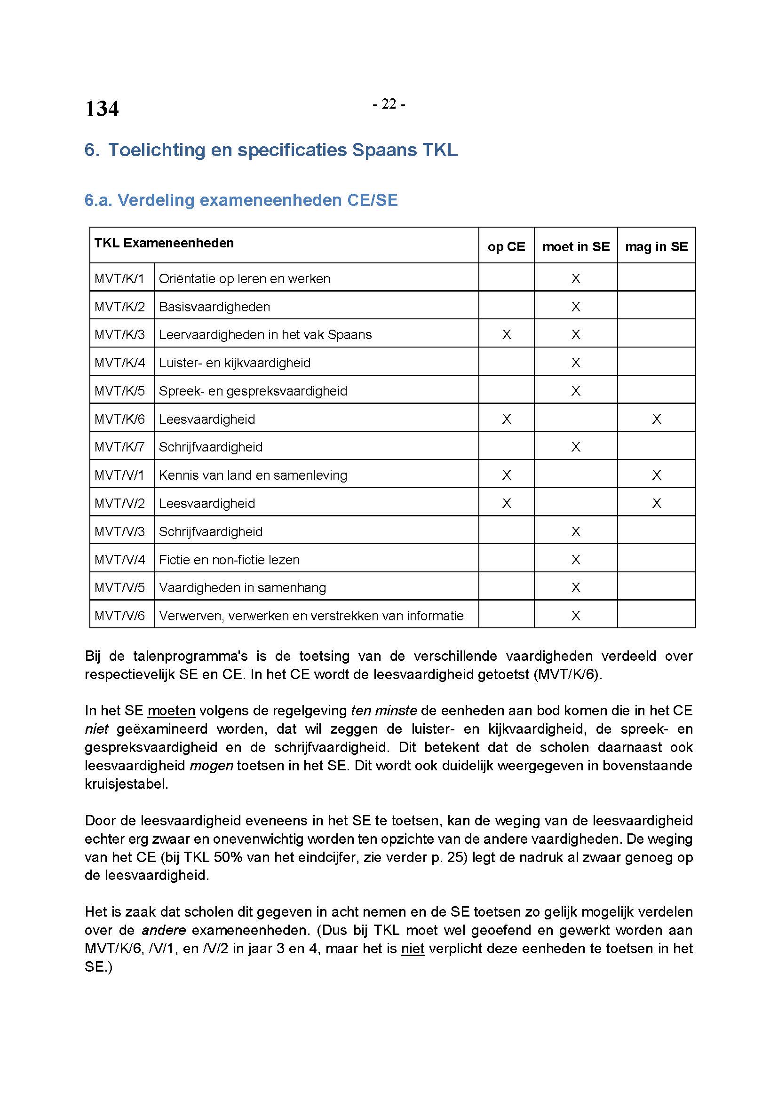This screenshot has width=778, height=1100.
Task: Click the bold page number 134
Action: (x=102, y=109)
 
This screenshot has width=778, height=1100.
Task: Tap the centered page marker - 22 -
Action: (x=389, y=104)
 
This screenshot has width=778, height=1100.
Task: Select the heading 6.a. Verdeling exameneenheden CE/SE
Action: (x=241, y=200)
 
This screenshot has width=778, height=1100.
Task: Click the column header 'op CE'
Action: (x=506, y=247)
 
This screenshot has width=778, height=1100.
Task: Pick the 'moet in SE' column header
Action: (x=576, y=247)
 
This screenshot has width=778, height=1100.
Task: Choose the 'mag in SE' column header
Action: (x=656, y=247)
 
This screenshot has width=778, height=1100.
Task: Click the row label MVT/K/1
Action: (x=119, y=278)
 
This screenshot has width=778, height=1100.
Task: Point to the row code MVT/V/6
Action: (x=119, y=616)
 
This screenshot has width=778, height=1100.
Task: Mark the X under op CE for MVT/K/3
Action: (x=507, y=334)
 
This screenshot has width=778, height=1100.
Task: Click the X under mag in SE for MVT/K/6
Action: (x=656, y=419)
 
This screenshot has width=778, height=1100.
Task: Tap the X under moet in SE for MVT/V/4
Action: (x=576, y=560)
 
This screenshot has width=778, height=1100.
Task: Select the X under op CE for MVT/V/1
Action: (x=507, y=475)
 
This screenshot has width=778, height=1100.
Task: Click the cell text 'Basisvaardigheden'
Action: (x=214, y=307)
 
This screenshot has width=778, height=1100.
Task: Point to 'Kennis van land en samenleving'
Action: (x=253, y=475)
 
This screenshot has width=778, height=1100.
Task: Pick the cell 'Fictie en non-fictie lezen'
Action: (x=229, y=560)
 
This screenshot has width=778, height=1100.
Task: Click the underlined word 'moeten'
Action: (x=171, y=711)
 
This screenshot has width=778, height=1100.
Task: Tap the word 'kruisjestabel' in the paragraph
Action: (x=126, y=784)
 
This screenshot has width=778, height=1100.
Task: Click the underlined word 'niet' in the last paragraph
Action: (x=413, y=949)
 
